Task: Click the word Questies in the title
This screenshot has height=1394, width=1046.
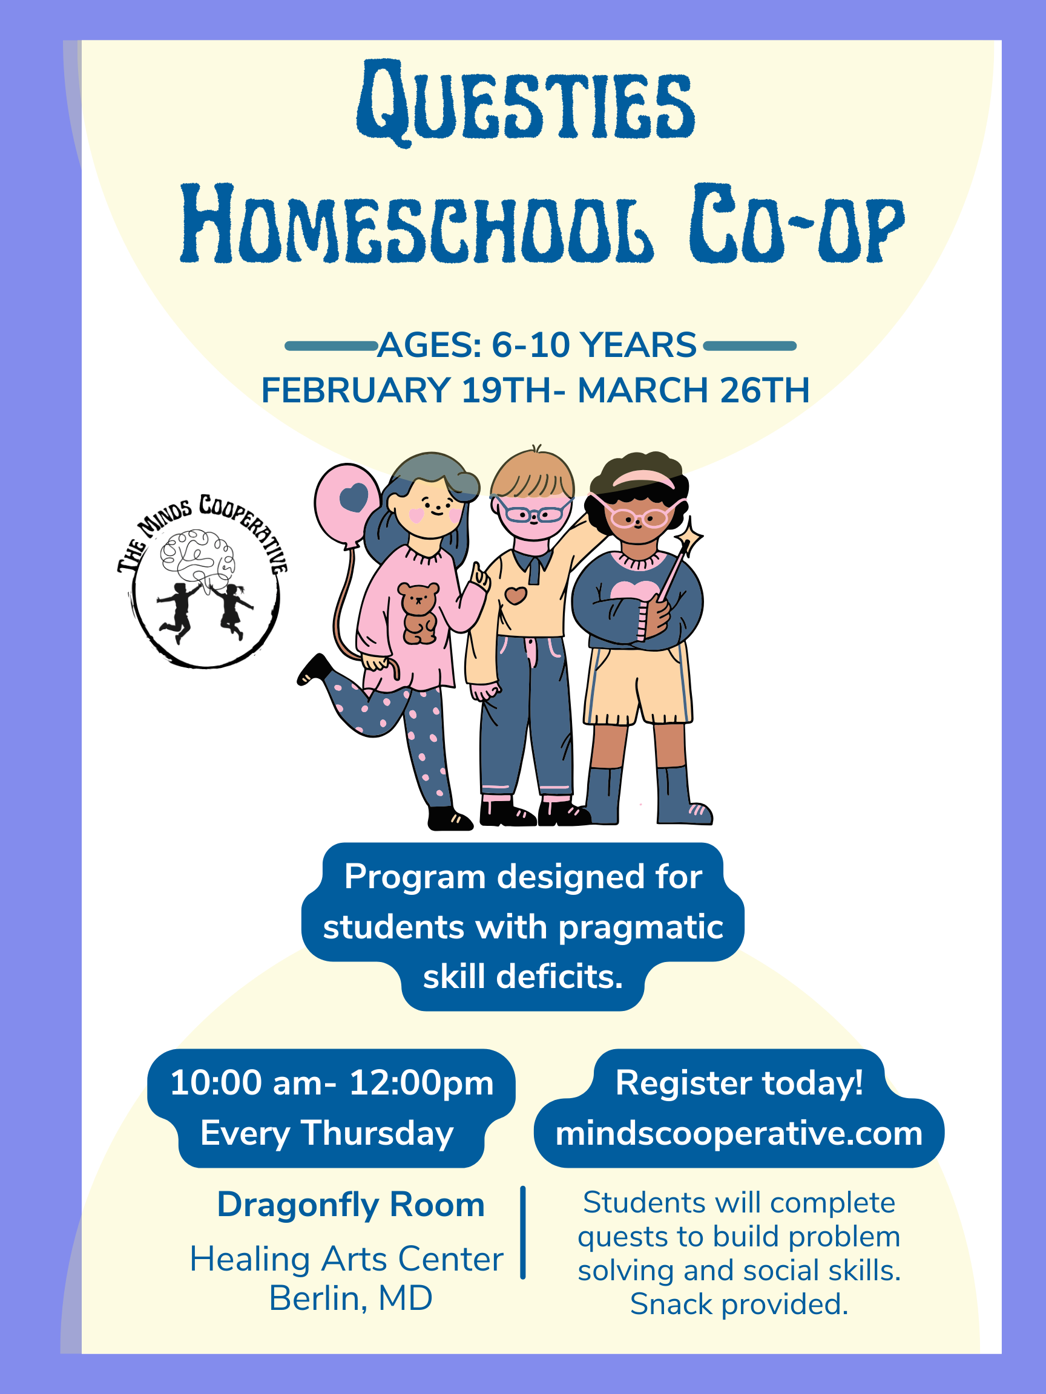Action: coord(525,101)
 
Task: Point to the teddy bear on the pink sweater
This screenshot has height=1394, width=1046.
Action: coord(419,612)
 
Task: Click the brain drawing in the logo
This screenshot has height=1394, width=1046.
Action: coord(197,555)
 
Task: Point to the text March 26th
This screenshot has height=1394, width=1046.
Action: coord(694,390)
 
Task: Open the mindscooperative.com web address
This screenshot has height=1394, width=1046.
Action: coord(739,1133)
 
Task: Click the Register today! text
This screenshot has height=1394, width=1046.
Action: coord(739,1083)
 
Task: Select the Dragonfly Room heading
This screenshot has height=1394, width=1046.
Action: coord(350,1204)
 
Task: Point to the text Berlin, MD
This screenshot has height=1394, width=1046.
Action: coord(350,1298)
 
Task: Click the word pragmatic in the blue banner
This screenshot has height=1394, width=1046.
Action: coord(640,927)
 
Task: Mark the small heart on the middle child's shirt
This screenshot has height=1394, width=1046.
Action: coord(516,595)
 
